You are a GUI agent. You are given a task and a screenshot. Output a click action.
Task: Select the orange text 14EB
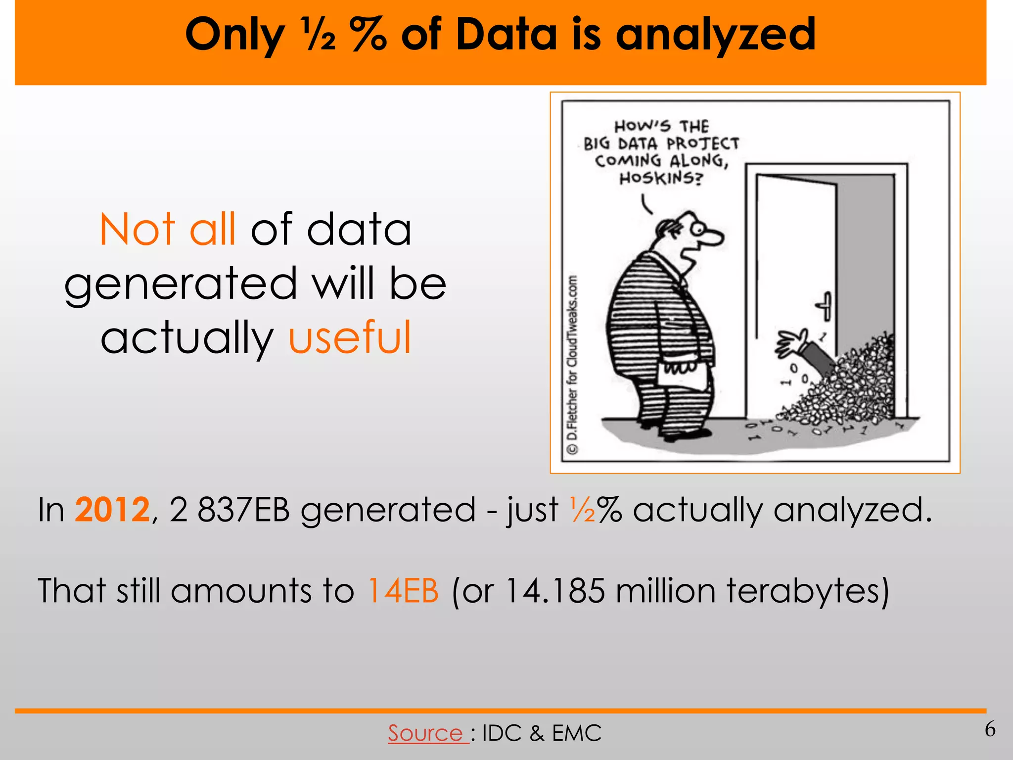403,590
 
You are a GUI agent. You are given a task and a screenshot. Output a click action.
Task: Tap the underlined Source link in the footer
425,733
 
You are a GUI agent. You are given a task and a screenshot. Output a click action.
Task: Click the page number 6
990,729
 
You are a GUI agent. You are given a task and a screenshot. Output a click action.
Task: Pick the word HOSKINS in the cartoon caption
660,178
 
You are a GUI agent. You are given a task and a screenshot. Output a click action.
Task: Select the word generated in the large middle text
181,284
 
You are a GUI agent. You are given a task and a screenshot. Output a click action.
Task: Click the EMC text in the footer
577,733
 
